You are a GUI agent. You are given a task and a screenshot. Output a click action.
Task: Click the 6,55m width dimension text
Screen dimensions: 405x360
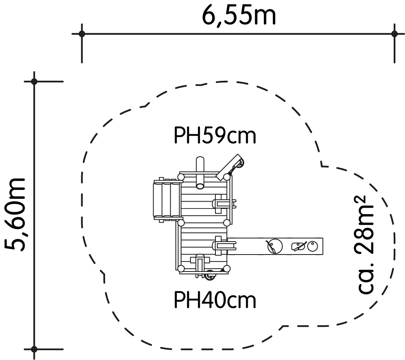[x=238, y=16]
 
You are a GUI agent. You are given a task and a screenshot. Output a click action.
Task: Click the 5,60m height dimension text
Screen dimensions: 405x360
[x=15, y=215]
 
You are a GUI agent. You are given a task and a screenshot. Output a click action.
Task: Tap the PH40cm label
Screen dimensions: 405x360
[x=215, y=300]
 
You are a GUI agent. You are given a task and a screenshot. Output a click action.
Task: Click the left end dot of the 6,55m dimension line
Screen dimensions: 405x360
[x=82, y=34]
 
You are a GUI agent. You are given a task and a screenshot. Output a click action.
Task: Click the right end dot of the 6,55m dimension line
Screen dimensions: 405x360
[x=394, y=34]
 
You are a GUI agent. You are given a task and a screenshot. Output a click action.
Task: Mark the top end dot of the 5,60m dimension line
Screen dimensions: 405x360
[x=34, y=82]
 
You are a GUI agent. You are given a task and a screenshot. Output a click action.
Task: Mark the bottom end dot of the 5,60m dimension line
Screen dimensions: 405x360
[x=34, y=349]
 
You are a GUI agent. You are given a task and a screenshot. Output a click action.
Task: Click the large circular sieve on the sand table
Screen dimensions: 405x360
[x=275, y=246]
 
